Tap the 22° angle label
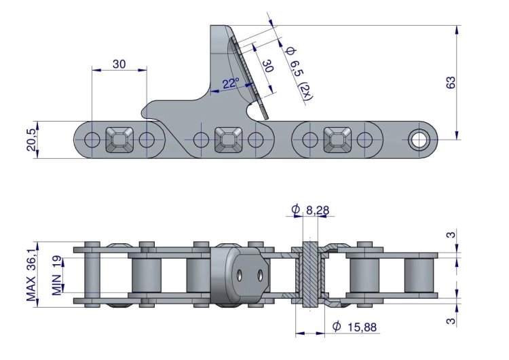click(x=230, y=84)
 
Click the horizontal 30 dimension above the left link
click(x=119, y=64)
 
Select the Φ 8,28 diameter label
click(x=311, y=211)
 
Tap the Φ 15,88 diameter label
click(x=355, y=327)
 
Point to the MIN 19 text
click(x=58, y=276)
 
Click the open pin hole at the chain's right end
click(x=417, y=141)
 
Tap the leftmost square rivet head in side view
click(x=119, y=140)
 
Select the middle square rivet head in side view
click(x=228, y=140)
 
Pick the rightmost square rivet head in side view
click(x=337, y=140)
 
